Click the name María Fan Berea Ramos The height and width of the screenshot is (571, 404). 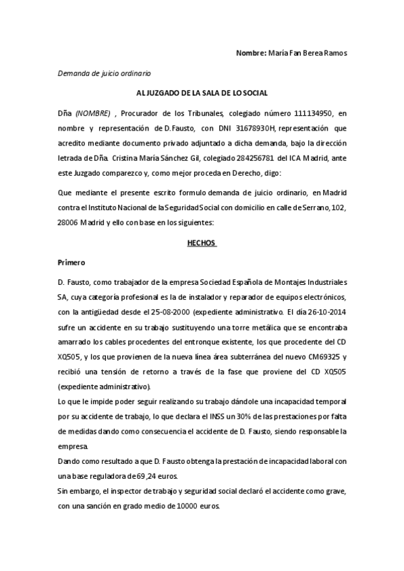[x=308, y=53]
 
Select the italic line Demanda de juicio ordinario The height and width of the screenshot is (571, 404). [x=104, y=72]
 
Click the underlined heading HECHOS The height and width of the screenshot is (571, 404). [x=201, y=244]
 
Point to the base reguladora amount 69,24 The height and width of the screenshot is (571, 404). [x=145, y=476]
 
